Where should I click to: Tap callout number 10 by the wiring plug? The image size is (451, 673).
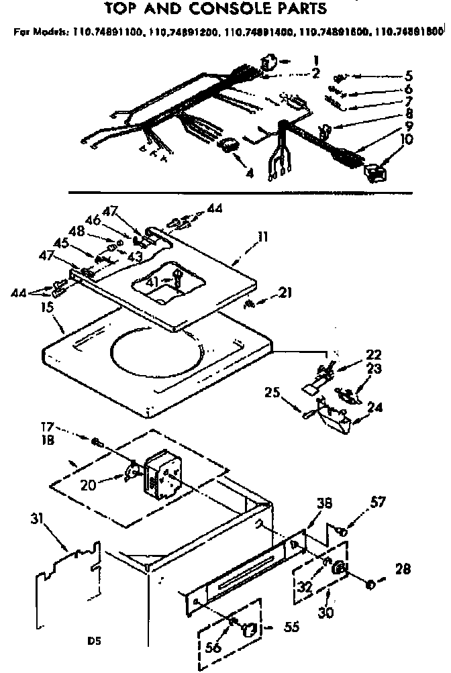coord(407,140)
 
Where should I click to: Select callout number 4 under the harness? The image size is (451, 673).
coord(250,172)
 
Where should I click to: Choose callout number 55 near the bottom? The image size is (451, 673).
coord(291,627)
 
